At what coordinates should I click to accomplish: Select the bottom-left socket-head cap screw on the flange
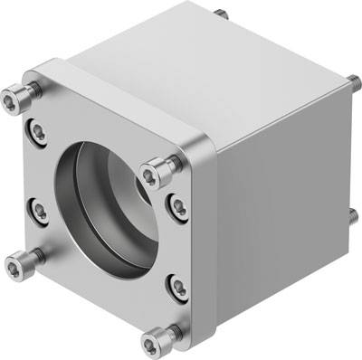(17, 264)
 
